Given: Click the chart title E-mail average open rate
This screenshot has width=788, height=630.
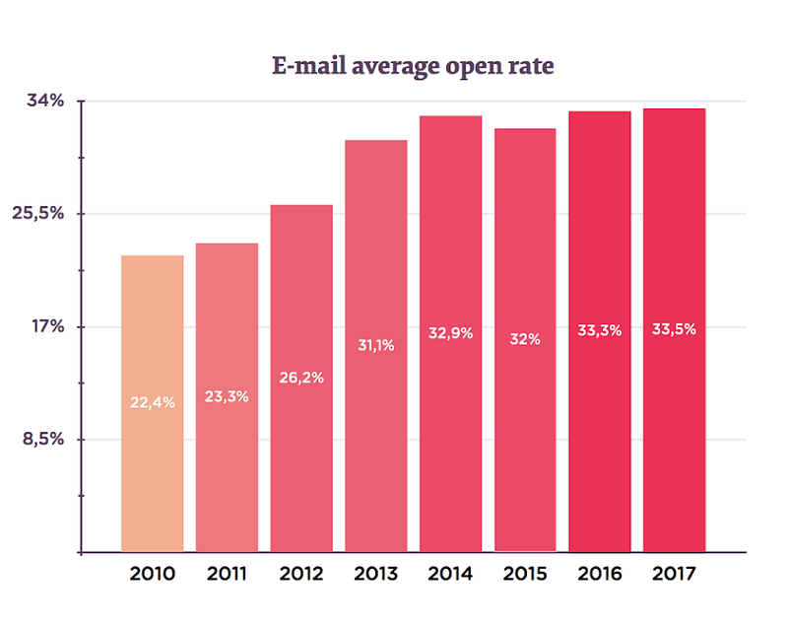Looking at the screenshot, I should tap(413, 67).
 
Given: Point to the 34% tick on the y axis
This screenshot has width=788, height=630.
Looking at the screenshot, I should tap(44, 101).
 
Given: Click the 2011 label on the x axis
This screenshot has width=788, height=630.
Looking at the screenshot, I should tap(227, 574).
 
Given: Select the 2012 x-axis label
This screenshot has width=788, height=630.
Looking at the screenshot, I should tap(301, 574).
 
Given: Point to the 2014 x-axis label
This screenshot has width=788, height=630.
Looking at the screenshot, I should tap(450, 574).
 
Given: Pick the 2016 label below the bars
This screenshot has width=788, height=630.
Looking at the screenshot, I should tap(600, 574).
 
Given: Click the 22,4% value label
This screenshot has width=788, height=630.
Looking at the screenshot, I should tap(153, 401).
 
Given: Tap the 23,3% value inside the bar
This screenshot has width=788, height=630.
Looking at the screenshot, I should tap(227, 396).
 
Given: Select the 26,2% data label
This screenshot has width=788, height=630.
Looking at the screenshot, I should tap(301, 377).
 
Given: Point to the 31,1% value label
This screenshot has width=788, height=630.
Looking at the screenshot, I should tap(376, 344).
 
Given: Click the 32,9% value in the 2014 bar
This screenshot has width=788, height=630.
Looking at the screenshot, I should tap(450, 333).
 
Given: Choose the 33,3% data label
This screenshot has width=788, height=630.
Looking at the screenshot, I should tap(600, 330).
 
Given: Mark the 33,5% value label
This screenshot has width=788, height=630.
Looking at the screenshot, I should tap(674, 329).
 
